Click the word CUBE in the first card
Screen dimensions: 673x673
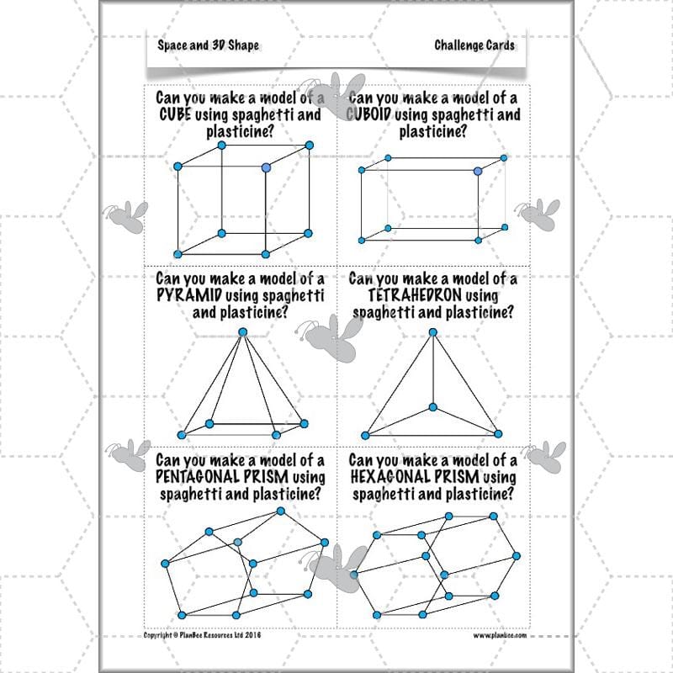[175, 114]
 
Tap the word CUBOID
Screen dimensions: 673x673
[368, 114]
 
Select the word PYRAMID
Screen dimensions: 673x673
[189, 295]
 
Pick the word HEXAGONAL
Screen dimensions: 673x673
[389, 476]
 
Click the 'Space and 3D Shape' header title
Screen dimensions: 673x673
[208, 45]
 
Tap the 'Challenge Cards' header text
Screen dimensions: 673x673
[474, 45]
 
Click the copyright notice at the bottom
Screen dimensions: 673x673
[202, 635]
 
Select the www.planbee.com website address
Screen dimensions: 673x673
[500, 635]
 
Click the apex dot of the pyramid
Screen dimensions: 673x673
[243, 332]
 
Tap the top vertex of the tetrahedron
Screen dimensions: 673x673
[433, 332]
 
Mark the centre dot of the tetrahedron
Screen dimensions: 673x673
[433, 407]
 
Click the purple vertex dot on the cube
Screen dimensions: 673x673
[266, 167]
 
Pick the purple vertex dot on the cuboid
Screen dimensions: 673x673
[478, 172]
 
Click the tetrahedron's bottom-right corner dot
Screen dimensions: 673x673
[498, 434]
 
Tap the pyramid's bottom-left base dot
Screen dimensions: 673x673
[182, 435]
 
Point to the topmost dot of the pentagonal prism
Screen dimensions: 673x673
[281, 511]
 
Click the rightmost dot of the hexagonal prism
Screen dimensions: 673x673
[517, 556]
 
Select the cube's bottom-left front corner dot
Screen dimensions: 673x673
[178, 254]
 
